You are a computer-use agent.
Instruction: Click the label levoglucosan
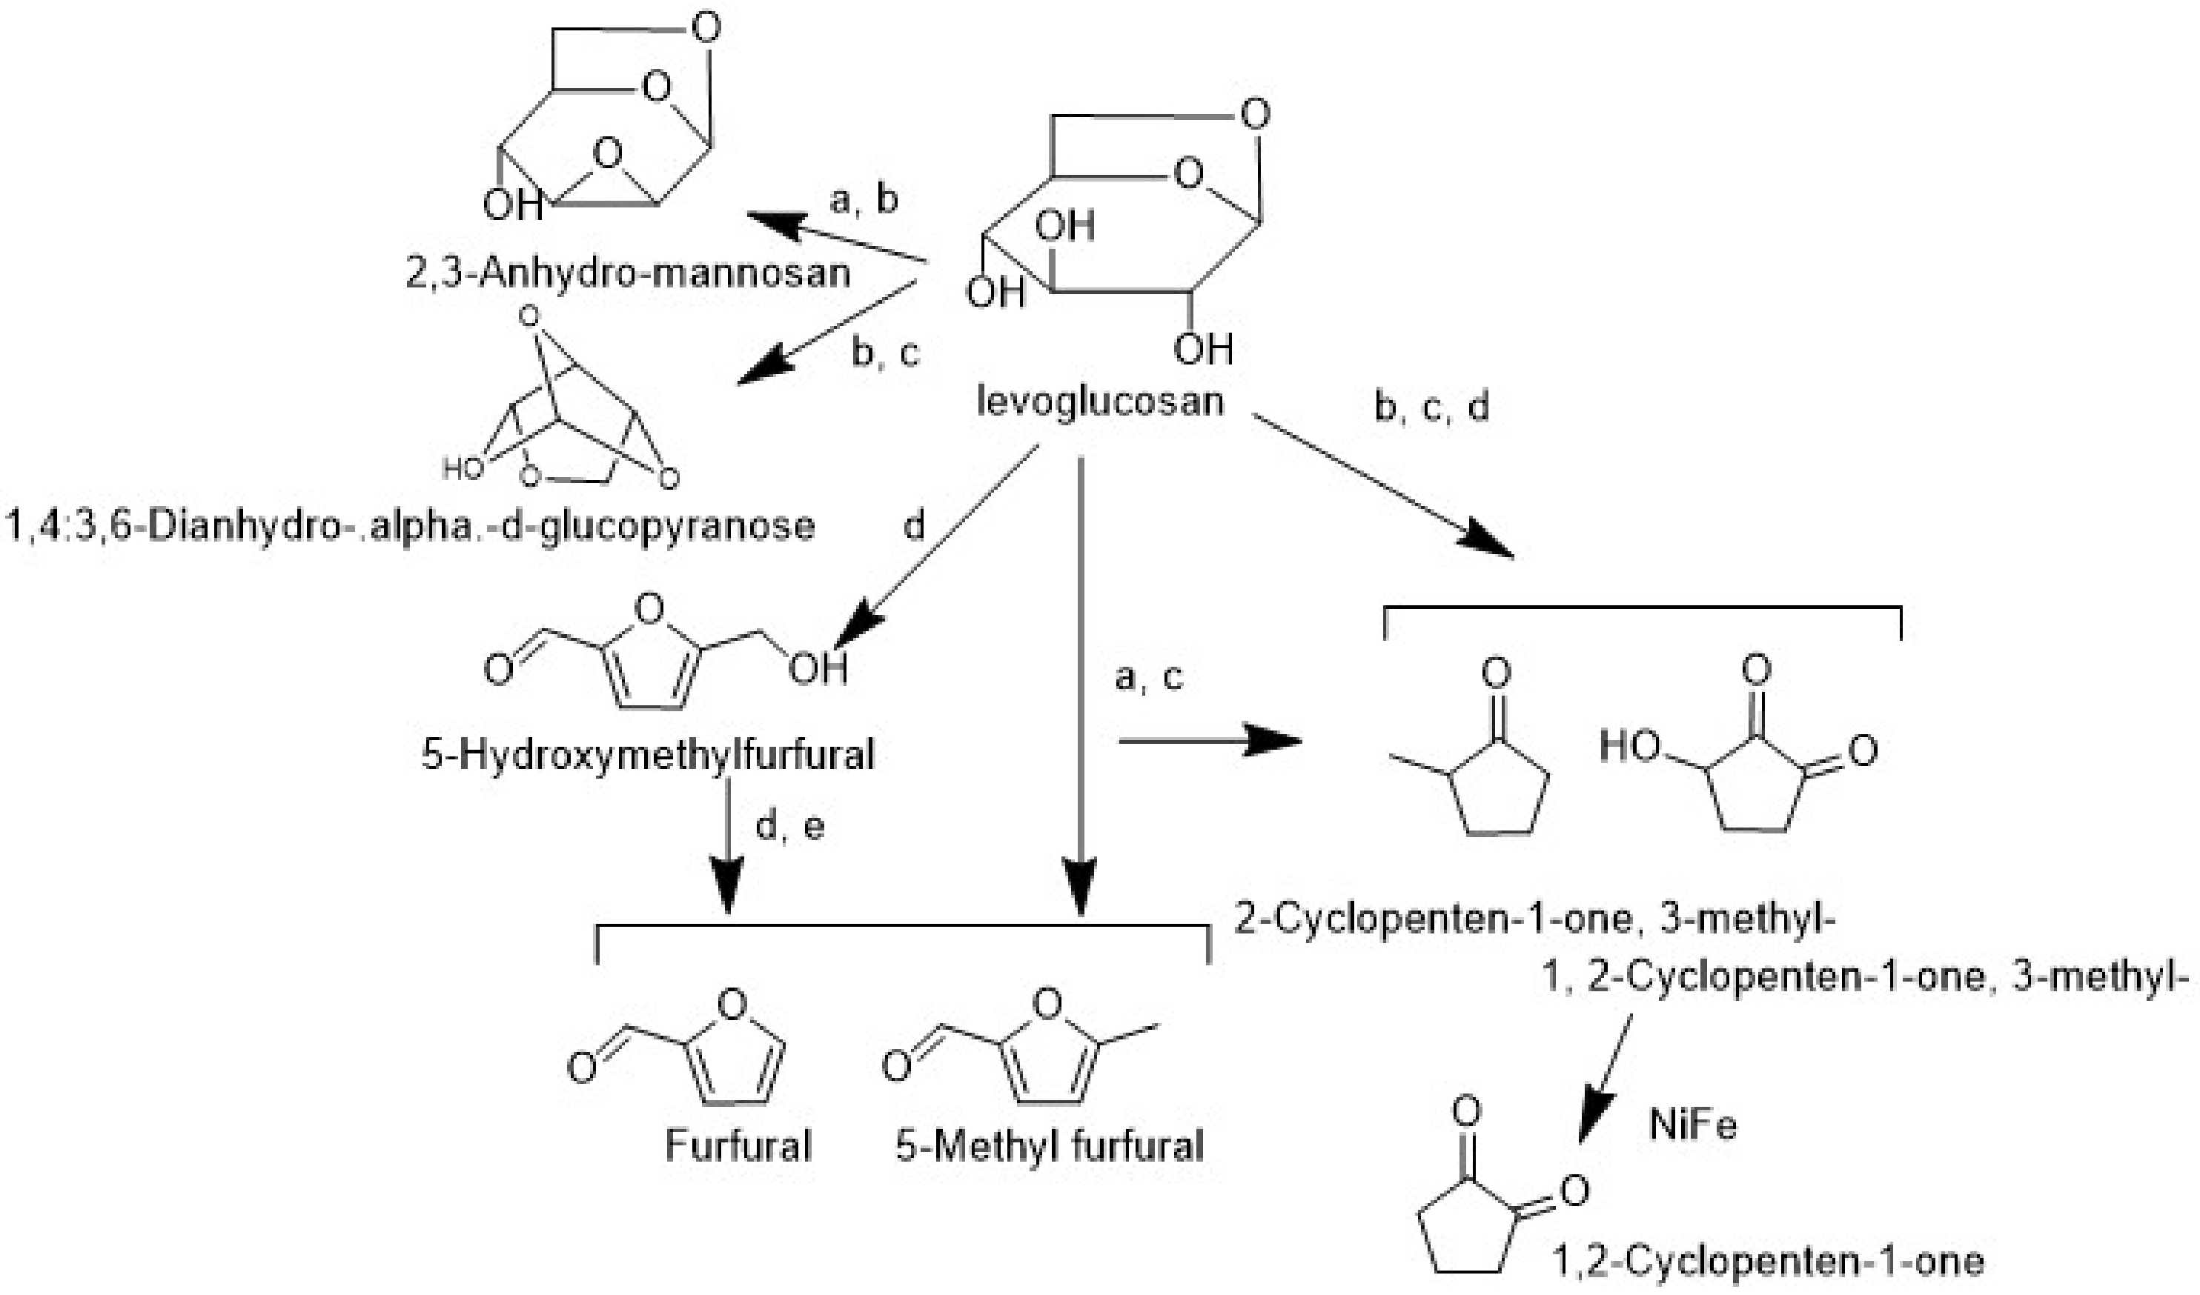tap(1099, 402)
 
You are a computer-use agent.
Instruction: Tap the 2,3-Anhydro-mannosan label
tap(628, 273)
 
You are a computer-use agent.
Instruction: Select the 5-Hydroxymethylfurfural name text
tap(648, 754)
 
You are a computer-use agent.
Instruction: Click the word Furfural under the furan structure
tap(738, 1145)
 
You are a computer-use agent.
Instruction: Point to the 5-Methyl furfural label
tap(1050, 1145)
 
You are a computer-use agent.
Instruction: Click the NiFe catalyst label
tap(1692, 1125)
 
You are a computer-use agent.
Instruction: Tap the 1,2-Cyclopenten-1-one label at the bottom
tap(1768, 1261)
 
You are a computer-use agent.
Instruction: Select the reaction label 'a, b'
tap(864, 200)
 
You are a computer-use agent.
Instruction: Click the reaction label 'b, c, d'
tap(1432, 407)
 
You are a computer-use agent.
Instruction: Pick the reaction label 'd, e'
tap(789, 825)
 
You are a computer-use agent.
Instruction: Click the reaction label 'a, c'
tap(1149, 677)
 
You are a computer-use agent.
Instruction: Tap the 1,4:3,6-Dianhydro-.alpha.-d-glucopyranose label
tap(411, 526)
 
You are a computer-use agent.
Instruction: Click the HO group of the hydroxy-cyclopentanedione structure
tap(1629, 747)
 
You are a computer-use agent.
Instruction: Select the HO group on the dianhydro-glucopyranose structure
tap(463, 470)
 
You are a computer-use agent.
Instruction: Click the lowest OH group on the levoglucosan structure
tap(1202, 350)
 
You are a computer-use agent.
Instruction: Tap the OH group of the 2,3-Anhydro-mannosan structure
tap(511, 205)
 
